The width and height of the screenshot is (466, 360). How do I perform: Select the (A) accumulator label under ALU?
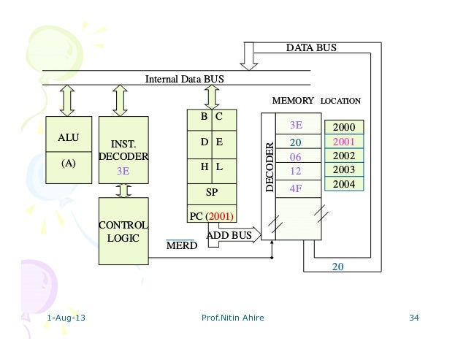pos(68,164)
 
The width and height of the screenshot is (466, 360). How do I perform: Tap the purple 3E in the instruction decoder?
pos(123,172)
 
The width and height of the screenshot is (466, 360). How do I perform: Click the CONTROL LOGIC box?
pos(123,231)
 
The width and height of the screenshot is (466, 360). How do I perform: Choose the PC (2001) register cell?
pos(213,215)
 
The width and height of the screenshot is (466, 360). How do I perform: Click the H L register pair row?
pos(213,168)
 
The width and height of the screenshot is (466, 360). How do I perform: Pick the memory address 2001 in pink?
pos(343,142)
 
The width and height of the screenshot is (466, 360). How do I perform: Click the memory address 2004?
pos(343,184)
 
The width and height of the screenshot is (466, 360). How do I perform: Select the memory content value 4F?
pos(296,188)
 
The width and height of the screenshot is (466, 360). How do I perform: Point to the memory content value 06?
pos(296,157)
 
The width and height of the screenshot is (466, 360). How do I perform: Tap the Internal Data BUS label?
pos(185,78)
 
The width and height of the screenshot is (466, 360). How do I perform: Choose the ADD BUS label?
pos(229,235)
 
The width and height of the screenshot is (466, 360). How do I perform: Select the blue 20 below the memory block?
pos(337,267)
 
